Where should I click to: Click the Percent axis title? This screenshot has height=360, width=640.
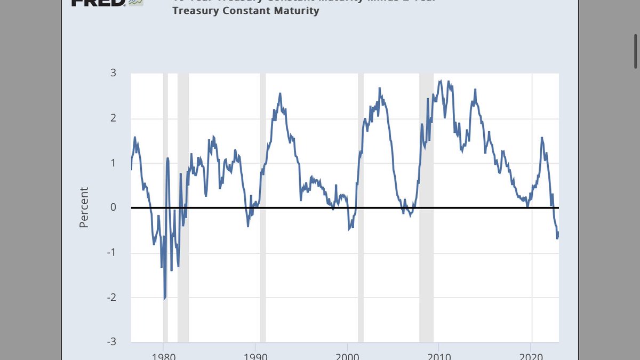(84, 207)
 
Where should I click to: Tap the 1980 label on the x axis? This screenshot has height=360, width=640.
(163, 354)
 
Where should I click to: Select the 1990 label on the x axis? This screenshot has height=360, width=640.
(255, 354)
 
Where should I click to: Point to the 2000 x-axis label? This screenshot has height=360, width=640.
(347, 354)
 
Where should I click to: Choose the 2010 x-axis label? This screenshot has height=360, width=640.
(438, 354)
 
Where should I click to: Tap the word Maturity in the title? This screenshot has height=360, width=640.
(297, 11)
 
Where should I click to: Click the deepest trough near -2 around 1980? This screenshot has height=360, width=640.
(164, 299)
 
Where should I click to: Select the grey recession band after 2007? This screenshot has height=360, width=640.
(426, 208)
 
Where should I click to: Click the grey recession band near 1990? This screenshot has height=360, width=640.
(263, 208)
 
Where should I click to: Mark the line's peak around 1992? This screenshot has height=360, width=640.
(279, 94)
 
